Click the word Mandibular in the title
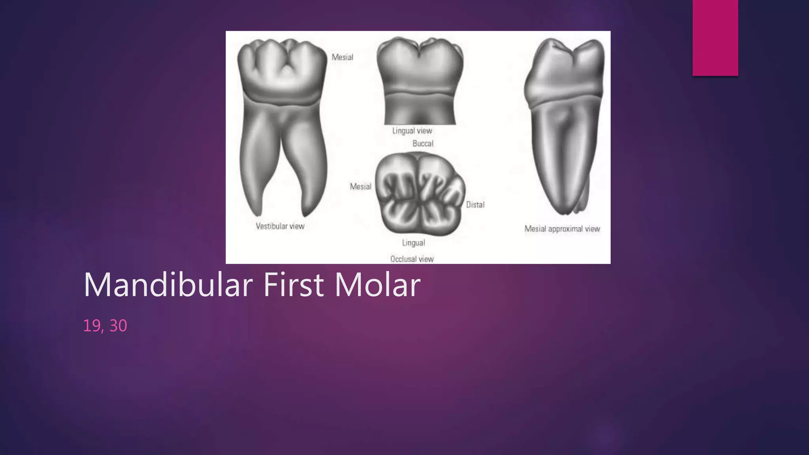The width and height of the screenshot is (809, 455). coord(168,285)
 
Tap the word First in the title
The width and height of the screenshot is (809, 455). coord(293,285)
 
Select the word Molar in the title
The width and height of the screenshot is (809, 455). coord(377,285)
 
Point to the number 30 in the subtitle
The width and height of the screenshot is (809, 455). coord(118,326)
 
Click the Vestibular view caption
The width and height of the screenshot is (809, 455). coord(280,226)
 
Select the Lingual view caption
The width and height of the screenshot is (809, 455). coord(412,131)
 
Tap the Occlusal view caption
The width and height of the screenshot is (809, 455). coord(412,259)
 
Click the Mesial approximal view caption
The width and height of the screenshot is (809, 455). coord(562,229)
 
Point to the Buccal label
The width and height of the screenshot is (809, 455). coord(423,143)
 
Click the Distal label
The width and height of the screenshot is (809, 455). coord(475,205)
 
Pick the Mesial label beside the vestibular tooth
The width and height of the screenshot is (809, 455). coord(342,57)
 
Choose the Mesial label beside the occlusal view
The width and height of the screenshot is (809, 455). coord(360,186)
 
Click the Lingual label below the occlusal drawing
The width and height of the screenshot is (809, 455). coord(414,243)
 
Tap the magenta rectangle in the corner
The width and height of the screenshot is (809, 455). coord(715,38)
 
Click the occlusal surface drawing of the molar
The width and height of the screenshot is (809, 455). coord(420,194)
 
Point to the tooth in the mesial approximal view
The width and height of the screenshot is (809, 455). coord(565,126)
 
